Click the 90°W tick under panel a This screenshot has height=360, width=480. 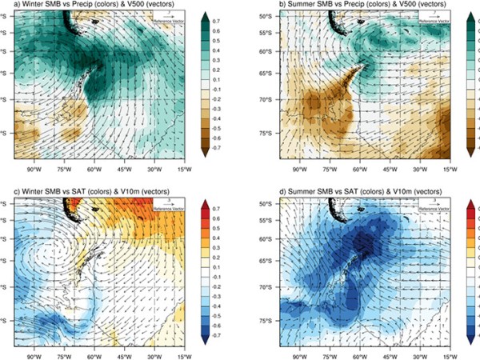point(34,170)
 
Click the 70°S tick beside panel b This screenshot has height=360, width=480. point(270,102)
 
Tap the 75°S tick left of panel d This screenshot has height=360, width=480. point(270,321)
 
